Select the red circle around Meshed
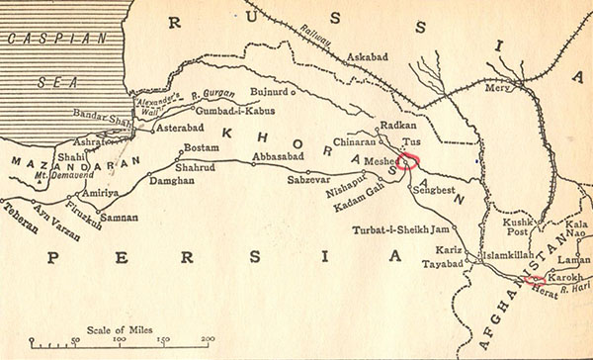click(x=409, y=159)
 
